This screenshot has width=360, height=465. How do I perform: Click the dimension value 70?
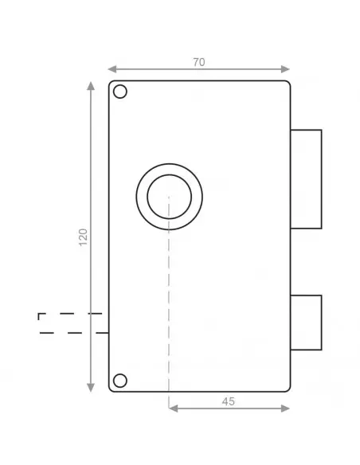click(x=198, y=62)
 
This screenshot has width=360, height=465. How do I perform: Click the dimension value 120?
click(x=84, y=236)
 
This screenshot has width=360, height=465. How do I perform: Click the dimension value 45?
click(x=229, y=401)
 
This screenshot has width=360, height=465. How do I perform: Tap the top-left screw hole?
click(x=120, y=92)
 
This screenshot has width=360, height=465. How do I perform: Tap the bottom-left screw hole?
click(x=120, y=379)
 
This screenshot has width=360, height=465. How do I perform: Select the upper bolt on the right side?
click(x=306, y=178)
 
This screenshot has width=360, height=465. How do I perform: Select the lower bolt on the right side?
click(x=306, y=322)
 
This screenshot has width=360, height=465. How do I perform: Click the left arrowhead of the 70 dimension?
click(x=112, y=69)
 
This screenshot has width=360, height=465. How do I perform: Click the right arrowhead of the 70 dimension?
click(x=287, y=69)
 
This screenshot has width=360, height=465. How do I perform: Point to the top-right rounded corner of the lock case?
click(x=287, y=84)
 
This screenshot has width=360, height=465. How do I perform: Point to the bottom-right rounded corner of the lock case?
click(x=287, y=388)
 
